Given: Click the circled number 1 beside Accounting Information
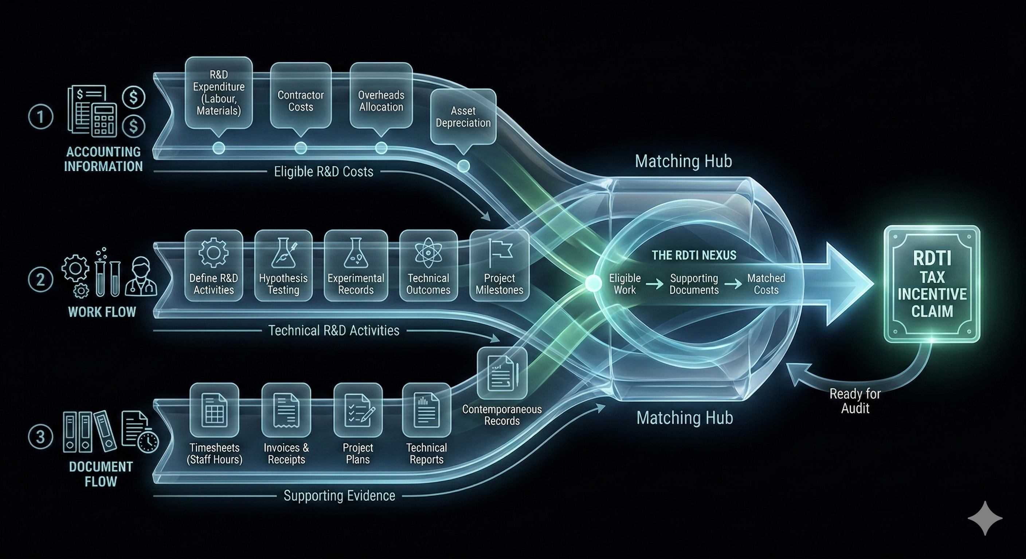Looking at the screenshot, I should click(x=40, y=117).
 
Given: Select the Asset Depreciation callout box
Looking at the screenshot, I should click(x=463, y=116).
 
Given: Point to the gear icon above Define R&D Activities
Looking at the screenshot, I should click(x=214, y=252).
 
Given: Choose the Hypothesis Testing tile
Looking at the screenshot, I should click(x=283, y=266).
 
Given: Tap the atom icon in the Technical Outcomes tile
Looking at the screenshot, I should click(x=428, y=252).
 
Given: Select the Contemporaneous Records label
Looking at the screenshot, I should click(x=502, y=415).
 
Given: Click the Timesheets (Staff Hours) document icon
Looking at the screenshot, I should click(x=214, y=410).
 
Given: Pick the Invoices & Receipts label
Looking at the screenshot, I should click(x=286, y=453).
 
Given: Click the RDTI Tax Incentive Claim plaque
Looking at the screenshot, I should click(x=932, y=284).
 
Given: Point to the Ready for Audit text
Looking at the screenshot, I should click(x=855, y=401).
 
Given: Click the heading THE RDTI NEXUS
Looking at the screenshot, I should click(x=694, y=255).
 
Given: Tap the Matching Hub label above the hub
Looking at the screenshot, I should click(x=684, y=161).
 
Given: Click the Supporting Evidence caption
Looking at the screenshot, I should click(x=339, y=496).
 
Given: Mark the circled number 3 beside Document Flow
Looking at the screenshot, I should click(x=40, y=437).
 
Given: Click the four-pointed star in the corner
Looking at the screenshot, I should click(x=984, y=518).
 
